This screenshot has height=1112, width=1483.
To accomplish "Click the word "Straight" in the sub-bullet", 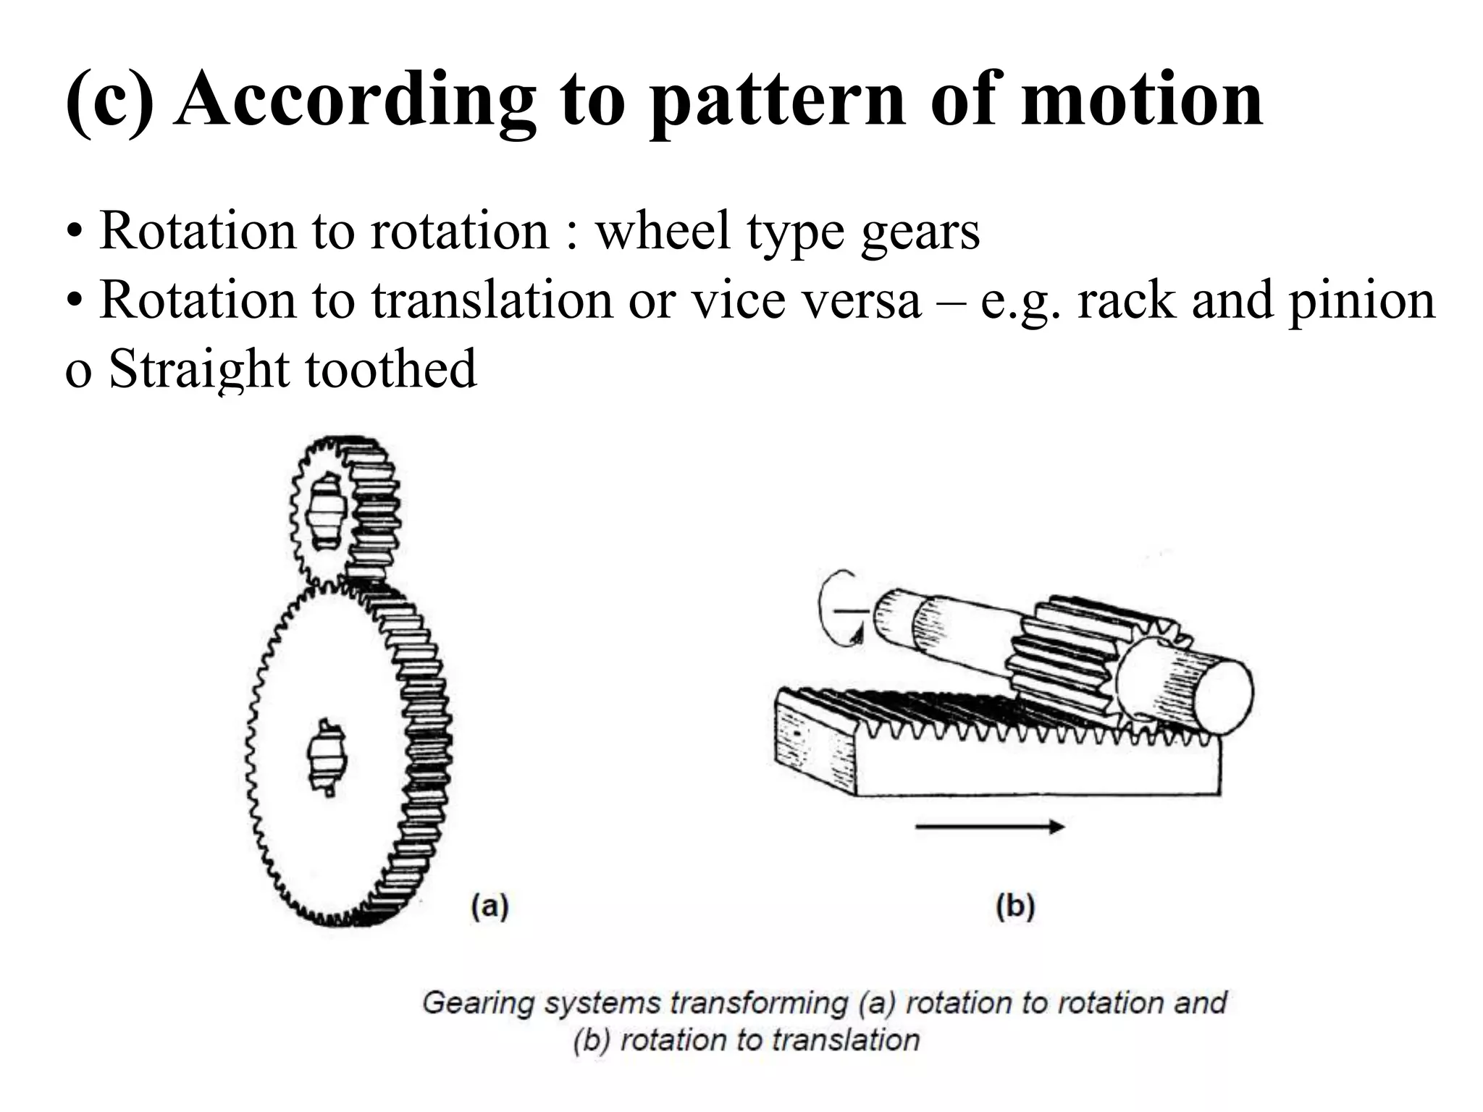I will [x=198, y=369].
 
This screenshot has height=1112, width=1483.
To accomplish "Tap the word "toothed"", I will [x=391, y=369].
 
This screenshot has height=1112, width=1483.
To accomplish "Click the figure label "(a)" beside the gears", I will [x=490, y=906].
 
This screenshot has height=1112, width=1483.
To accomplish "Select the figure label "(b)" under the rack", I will [x=1015, y=906].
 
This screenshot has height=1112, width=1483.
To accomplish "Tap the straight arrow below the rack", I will [x=989, y=827].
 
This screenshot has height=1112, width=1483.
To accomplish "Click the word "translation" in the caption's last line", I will [x=844, y=1041].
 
